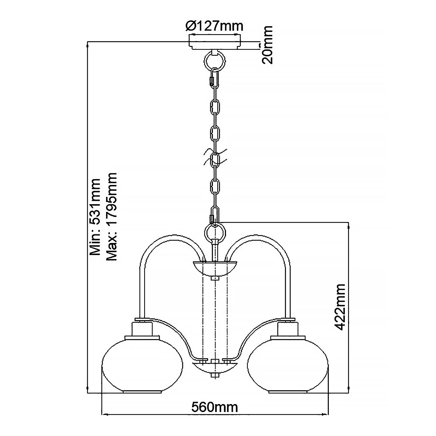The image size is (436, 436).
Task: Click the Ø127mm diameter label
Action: pos(214,26)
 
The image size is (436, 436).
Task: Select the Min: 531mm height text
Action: pos(95,217)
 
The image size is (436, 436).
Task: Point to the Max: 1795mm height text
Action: pos(112,217)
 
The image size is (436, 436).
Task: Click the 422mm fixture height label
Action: pos(340,307)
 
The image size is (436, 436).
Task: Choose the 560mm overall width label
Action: pos(215,407)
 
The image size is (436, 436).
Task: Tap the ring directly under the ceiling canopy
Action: pos(215,60)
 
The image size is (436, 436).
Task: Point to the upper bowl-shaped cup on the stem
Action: pos(215,269)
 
